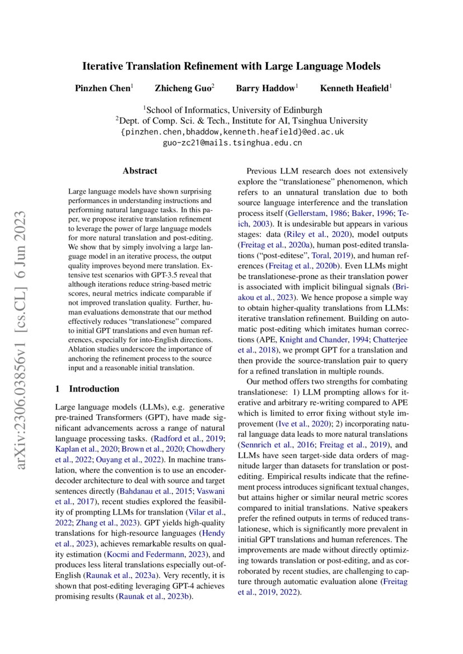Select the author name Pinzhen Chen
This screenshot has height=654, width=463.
click(102, 88)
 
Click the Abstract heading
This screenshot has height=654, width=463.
click(140, 171)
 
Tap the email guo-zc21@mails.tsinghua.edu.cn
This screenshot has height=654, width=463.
click(232, 143)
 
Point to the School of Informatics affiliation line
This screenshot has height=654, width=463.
click(232, 110)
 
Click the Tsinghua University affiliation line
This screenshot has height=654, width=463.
click(232, 121)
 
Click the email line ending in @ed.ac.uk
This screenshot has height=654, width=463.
click(232, 132)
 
